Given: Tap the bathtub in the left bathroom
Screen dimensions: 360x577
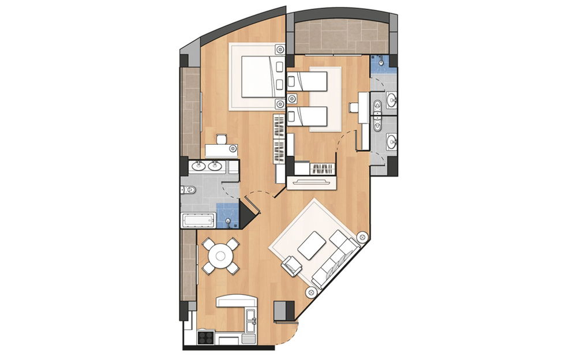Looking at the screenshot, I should (x=198, y=220).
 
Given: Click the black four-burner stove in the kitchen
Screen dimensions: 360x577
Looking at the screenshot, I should (x=205, y=337).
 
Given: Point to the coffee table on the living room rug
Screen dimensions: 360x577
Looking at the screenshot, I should (x=310, y=245).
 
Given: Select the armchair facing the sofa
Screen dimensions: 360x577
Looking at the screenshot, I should (x=292, y=265).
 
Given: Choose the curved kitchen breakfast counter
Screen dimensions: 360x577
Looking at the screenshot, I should (x=235, y=302).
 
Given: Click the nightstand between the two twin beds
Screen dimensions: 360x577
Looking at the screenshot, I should (x=293, y=97).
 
